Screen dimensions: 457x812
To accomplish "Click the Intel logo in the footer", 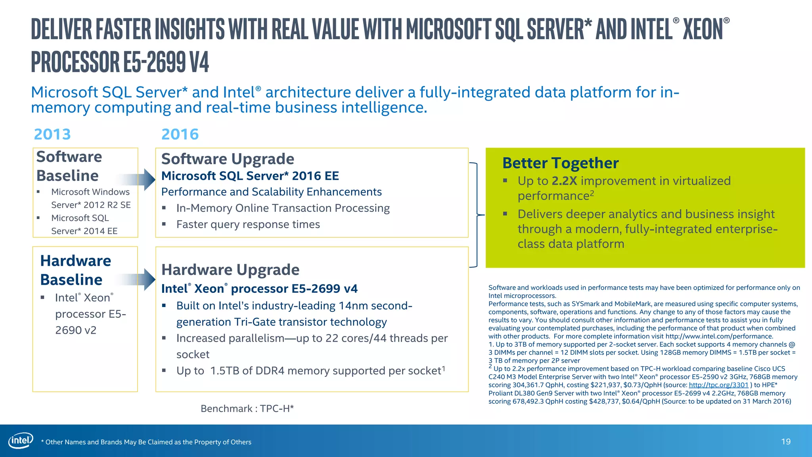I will (x=21, y=440).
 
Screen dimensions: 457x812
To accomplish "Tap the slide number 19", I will (x=785, y=442).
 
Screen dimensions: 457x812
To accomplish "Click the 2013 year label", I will (x=52, y=134).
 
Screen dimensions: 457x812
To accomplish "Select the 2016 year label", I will (x=180, y=134).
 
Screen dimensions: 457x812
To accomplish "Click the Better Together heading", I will (x=560, y=163).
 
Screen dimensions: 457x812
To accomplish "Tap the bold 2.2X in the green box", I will (x=564, y=181).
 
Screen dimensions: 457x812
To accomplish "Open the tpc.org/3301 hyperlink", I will (x=718, y=385).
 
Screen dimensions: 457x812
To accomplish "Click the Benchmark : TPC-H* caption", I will (x=247, y=408).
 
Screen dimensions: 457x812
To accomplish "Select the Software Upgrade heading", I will (x=228, y=159).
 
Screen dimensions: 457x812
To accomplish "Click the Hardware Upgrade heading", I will (x=230, y=270).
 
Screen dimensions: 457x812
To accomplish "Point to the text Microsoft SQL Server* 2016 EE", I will (x=250, y=176).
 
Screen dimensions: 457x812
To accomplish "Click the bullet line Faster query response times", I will (x=248, y=225).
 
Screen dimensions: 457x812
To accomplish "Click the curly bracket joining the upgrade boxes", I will (x=477, y=215).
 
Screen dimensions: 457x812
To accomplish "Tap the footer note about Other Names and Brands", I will (x=146, y=442).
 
